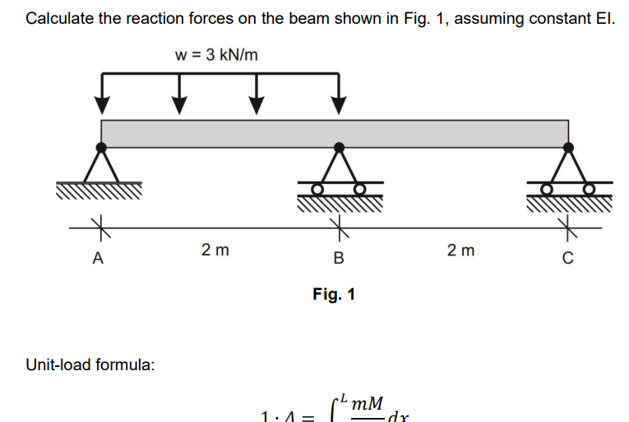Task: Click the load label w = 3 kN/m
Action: pos(216,55)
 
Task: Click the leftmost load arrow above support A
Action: pos(101,95)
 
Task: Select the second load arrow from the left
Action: pos(179,95)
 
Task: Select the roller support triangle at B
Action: pos(338,165)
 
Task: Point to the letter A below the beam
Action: pos(98,259)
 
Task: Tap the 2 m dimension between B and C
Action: pos(460,250)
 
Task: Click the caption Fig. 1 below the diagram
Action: pos(334,294)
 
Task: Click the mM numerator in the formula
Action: pos(365,403)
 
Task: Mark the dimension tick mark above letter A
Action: pos(98,222)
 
